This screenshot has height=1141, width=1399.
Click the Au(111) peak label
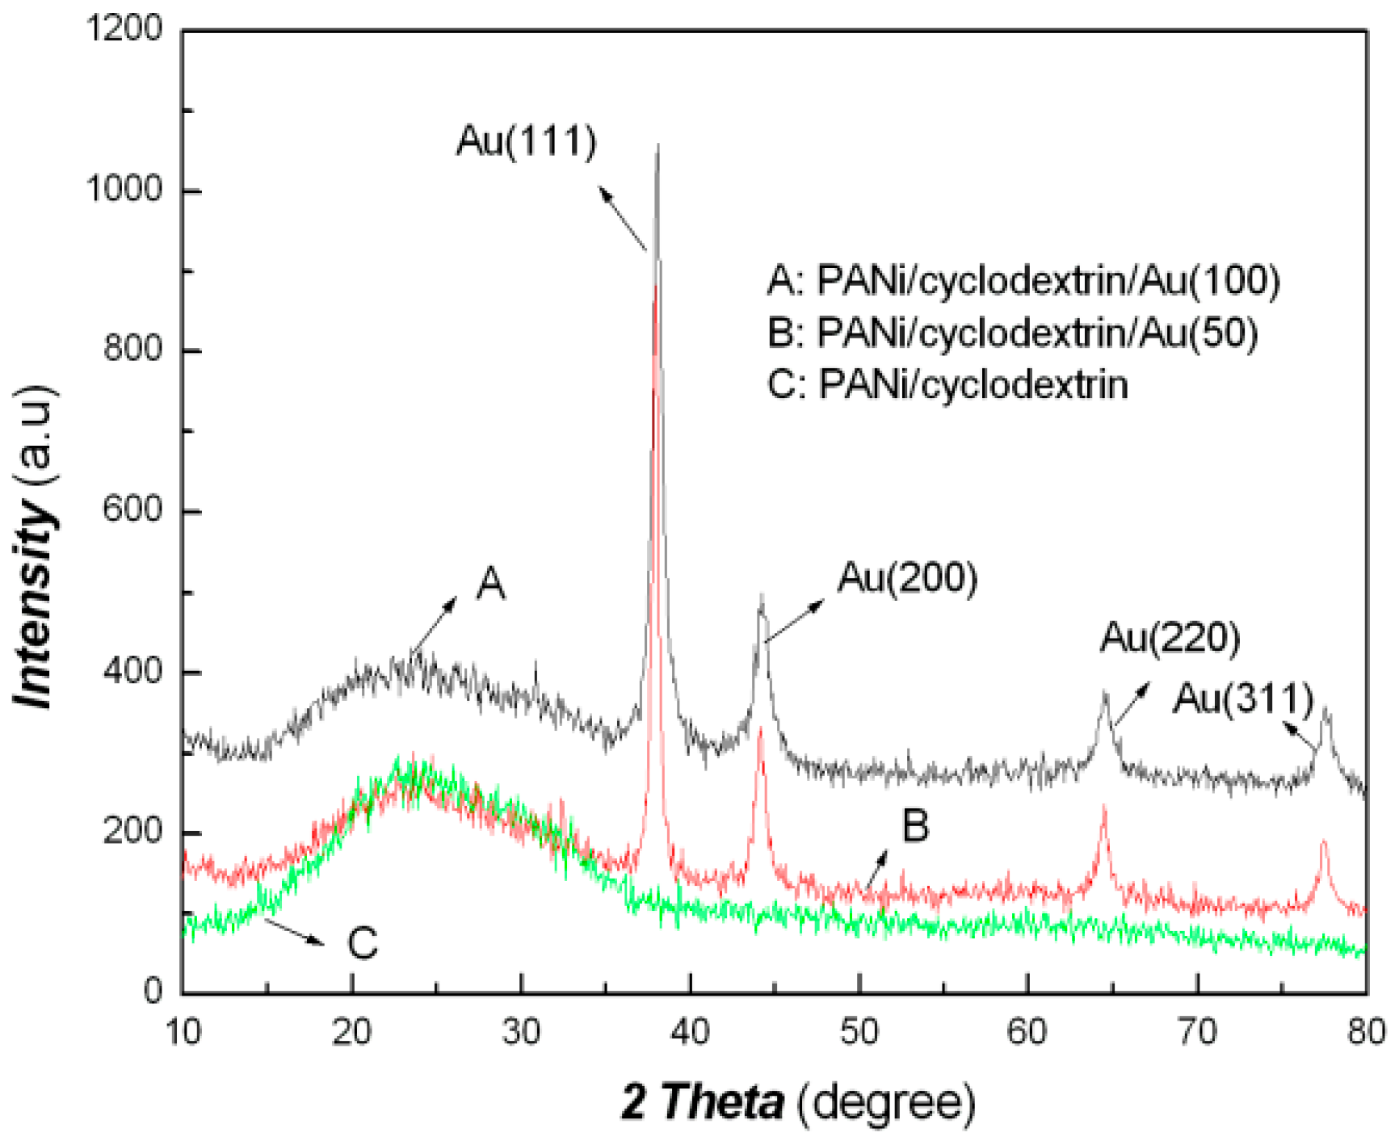pyautogui.click(x=526, y=141)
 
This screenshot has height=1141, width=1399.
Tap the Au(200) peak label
pyautogui.click(x=907, y=578)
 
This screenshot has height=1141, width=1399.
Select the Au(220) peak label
pyautogui.click(x=1169, y=638)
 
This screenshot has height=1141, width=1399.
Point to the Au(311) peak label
pyautogui.click(x=1243, y=698)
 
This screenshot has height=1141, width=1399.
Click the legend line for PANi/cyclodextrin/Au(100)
pyautogui.click(x=1023, y=280)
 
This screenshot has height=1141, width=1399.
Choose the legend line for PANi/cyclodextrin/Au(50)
pyautogui.click(x=1012, y=332)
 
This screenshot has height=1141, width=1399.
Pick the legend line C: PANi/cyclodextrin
pyautogui.click(x=947, y=384)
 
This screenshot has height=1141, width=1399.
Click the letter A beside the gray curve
pyautogui.click(x=490, y=584)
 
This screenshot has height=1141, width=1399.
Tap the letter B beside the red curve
pyautogui.click(x=915, y=826)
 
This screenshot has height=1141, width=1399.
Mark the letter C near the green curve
pyautogui.click(x=363, y=942)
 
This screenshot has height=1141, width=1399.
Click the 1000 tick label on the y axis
pyautogui.click(x=124, y=190)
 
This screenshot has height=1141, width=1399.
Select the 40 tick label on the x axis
pyautogui.click(x=690, y=1033)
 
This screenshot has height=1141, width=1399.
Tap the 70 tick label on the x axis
pyautogui.click(x=1196, y=1033)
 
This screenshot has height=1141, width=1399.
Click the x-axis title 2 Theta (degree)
pyautogui.click(x=798, y=1101)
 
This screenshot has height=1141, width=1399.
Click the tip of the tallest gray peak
pyautogui.click(x=658, y=146)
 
